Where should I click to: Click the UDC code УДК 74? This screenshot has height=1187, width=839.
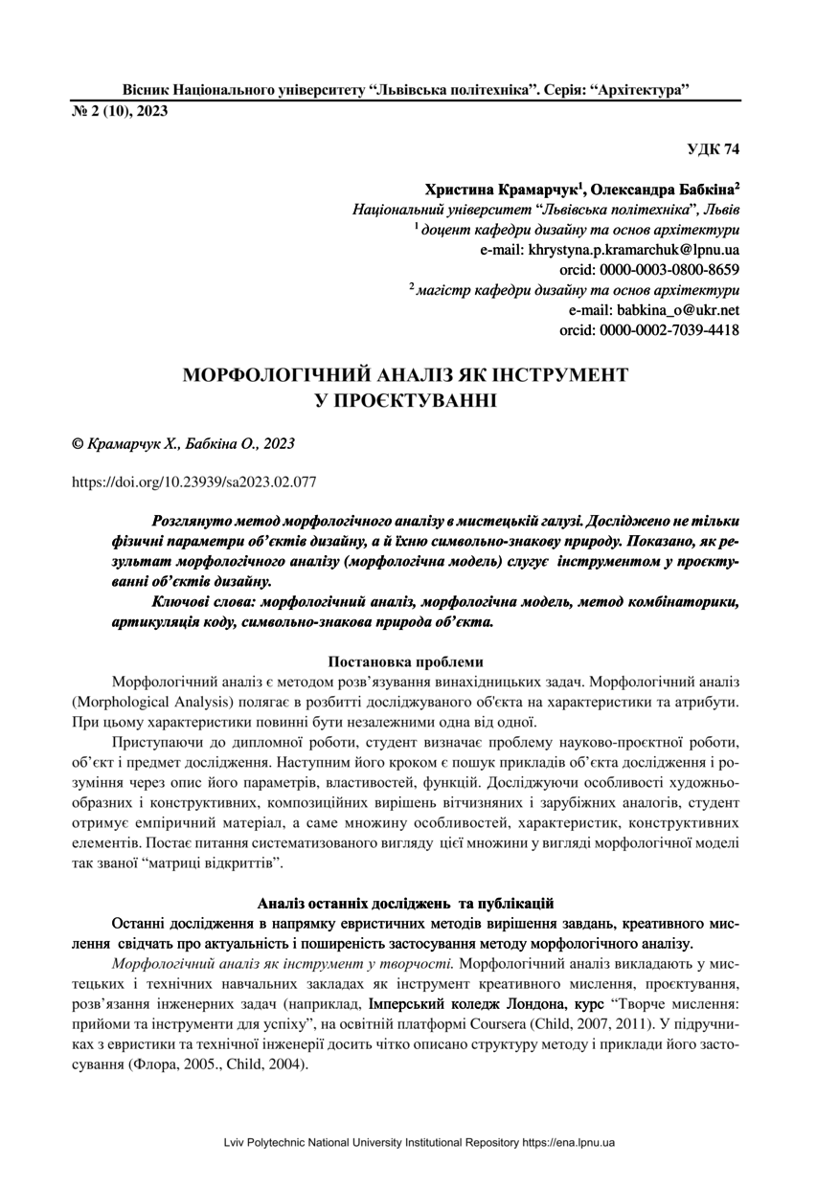point(714,149)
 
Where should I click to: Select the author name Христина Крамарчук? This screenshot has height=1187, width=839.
point(504,190)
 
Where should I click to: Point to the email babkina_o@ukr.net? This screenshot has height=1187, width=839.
point(654,310)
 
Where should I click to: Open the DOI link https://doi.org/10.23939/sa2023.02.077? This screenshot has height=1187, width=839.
point(194,482)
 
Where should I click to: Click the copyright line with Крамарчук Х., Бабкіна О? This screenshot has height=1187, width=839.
point(184,444)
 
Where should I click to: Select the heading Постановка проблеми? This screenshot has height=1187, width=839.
point(406,661)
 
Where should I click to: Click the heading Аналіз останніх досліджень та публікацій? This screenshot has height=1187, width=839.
point(406,903)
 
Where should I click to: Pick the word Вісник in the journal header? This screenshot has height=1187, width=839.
point(147,90)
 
